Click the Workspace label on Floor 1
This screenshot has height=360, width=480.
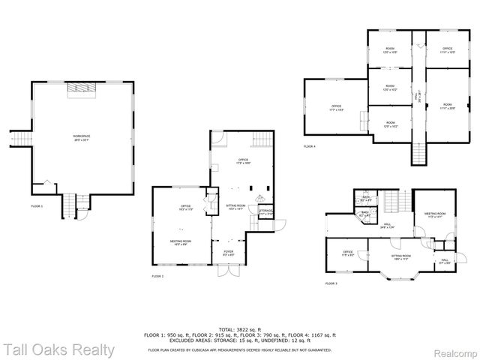80,136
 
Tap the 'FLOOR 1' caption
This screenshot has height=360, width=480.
37,205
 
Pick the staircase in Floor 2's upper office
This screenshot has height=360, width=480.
261,139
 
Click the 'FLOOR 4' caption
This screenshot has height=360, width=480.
310,146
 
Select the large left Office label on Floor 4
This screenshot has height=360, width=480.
336,108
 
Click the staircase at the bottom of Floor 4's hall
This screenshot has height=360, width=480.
419,154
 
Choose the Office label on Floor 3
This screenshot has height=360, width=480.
348,253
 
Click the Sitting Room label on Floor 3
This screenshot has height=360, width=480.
401,257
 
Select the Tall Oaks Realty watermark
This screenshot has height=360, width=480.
58,349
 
